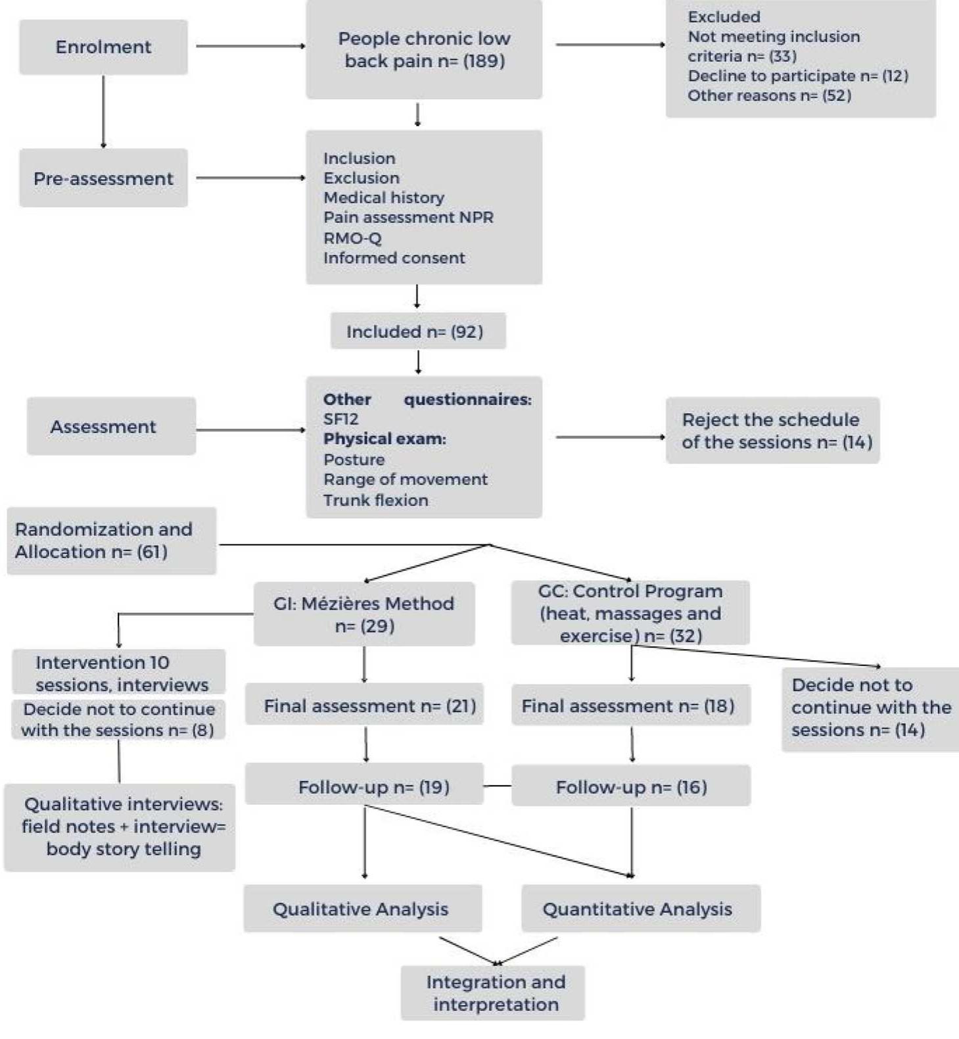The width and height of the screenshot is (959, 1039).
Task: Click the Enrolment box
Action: [x=103, y=47]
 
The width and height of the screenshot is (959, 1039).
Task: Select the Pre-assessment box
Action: [x=103, y=178]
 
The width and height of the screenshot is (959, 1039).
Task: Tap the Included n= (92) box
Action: [x=417, y=331]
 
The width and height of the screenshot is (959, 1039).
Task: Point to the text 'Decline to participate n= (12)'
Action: [x=797, y=76]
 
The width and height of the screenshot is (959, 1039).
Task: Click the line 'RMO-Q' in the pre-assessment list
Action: [x=352, y=238]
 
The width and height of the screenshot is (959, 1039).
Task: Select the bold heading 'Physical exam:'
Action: [x=385, y=439]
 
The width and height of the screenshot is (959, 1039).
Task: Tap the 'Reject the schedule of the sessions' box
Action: [x=772, y=431]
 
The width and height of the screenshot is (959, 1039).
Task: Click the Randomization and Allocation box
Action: [x=111, y=541]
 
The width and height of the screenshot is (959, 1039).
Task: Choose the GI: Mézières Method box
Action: [x=364, y=614]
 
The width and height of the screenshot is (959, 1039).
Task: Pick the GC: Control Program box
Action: [x=630, y=613]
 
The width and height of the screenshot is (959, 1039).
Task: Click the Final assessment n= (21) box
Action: [x=365, y=706]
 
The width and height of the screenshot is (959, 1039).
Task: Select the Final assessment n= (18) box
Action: [x=630, y=706]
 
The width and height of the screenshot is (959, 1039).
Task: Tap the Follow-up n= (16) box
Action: [x=630, y=786]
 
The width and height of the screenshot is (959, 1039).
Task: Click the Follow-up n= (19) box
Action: [x=365, y=786]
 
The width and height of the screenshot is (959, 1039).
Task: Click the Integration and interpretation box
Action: [x=493, y=993]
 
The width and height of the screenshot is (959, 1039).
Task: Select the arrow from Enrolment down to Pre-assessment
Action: [x=103, y=112]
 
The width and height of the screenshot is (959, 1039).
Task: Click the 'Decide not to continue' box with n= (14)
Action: [x=870, y=708]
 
